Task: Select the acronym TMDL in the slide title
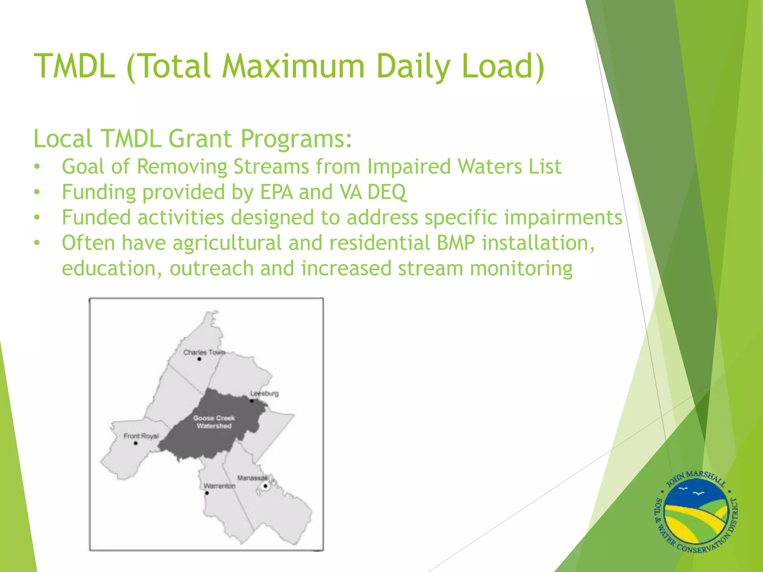75,66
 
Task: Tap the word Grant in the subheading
200,139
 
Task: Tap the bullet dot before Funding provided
37,193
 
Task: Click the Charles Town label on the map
204,352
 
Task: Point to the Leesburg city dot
252,401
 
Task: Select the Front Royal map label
141,436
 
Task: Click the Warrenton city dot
207,493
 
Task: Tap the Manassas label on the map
252,478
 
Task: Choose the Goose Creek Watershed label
214,422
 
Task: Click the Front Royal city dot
136,443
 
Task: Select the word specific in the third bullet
461,217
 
